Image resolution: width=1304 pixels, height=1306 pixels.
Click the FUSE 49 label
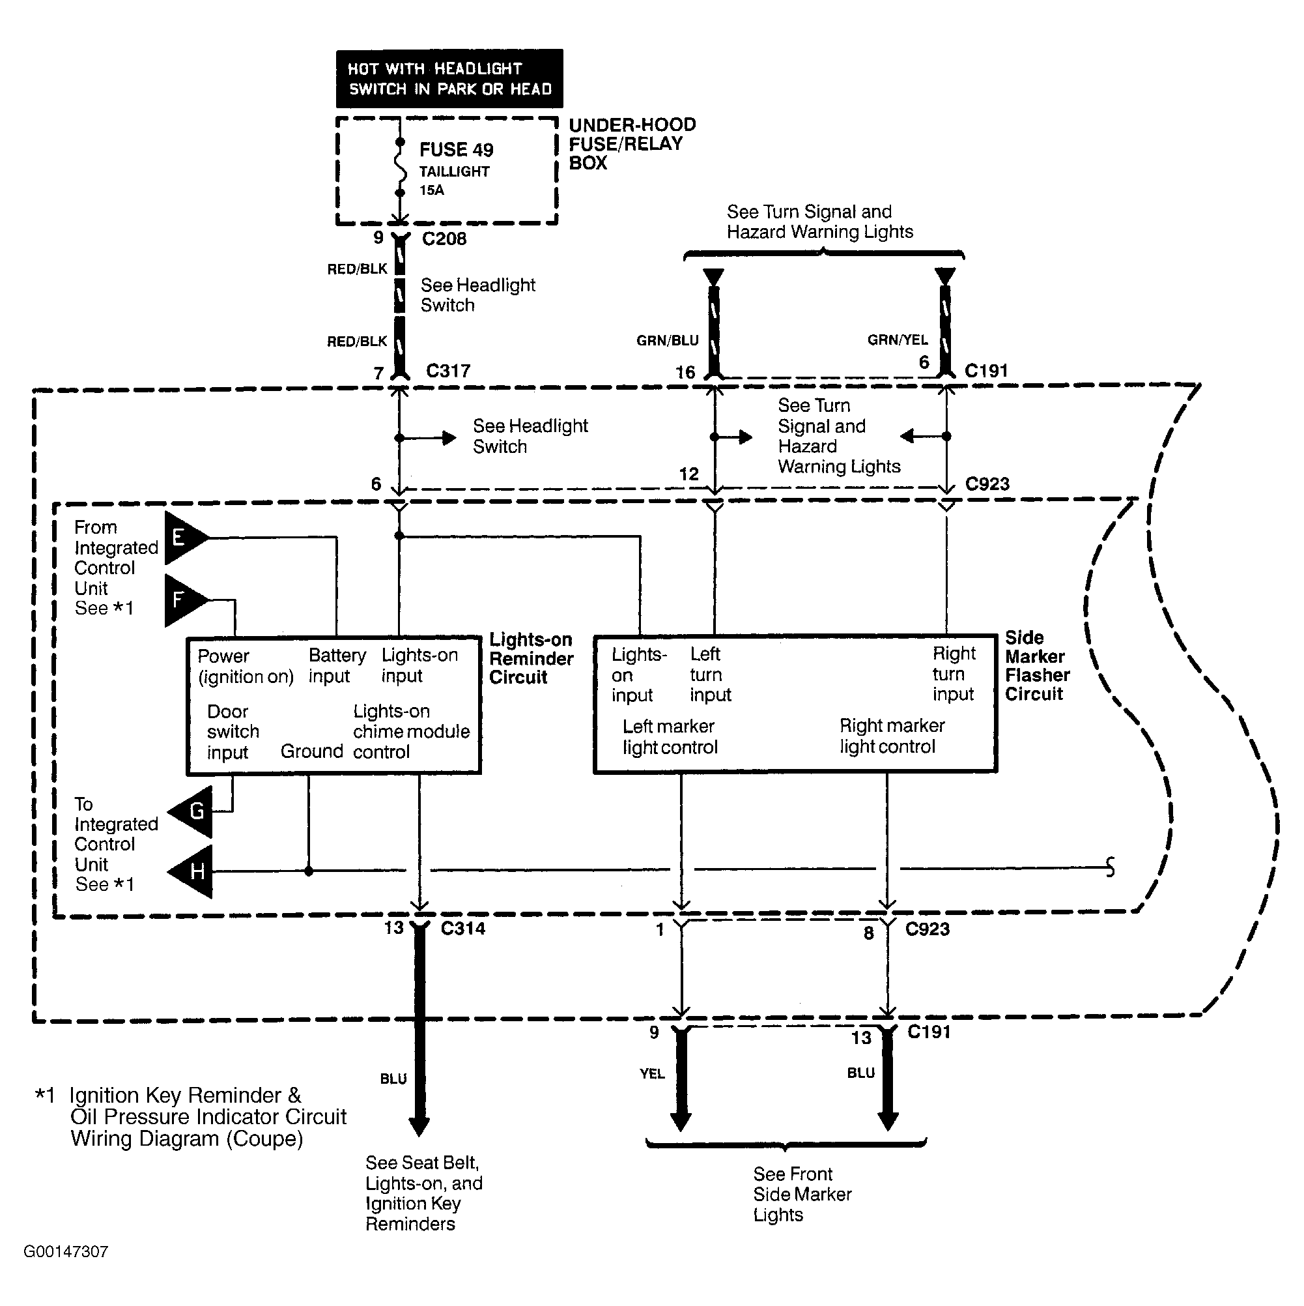[x=456, y=149]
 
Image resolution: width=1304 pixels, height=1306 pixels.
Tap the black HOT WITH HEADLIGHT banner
[x=449, y=78]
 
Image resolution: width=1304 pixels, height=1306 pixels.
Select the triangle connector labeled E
[x=182, y=538]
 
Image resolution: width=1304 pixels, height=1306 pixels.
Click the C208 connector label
[x=444, y=239]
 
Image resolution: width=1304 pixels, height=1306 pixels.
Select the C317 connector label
[x=448, y=371]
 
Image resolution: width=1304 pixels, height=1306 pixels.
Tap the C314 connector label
[x=463, y=928]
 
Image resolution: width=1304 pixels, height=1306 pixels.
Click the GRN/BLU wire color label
[x=667, y=341]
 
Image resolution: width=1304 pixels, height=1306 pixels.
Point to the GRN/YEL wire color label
[x=898, y=340]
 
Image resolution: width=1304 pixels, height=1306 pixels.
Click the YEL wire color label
[x=652, y=1073]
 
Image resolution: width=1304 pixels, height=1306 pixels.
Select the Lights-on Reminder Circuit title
[x=531, y=658]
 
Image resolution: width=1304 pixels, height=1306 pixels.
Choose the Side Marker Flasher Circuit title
[x=1037, y=666]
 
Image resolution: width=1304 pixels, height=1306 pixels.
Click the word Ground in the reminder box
[x=311, y=751]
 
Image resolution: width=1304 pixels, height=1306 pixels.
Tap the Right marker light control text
[x=891, y=736]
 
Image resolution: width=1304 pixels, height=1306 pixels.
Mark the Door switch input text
[x=233, y=731]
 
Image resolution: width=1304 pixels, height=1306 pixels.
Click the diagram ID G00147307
[x=66, y=1251]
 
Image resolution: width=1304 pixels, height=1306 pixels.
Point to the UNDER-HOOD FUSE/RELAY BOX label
[x=632, y=143]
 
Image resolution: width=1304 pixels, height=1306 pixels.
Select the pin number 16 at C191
[x=685, y=373]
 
